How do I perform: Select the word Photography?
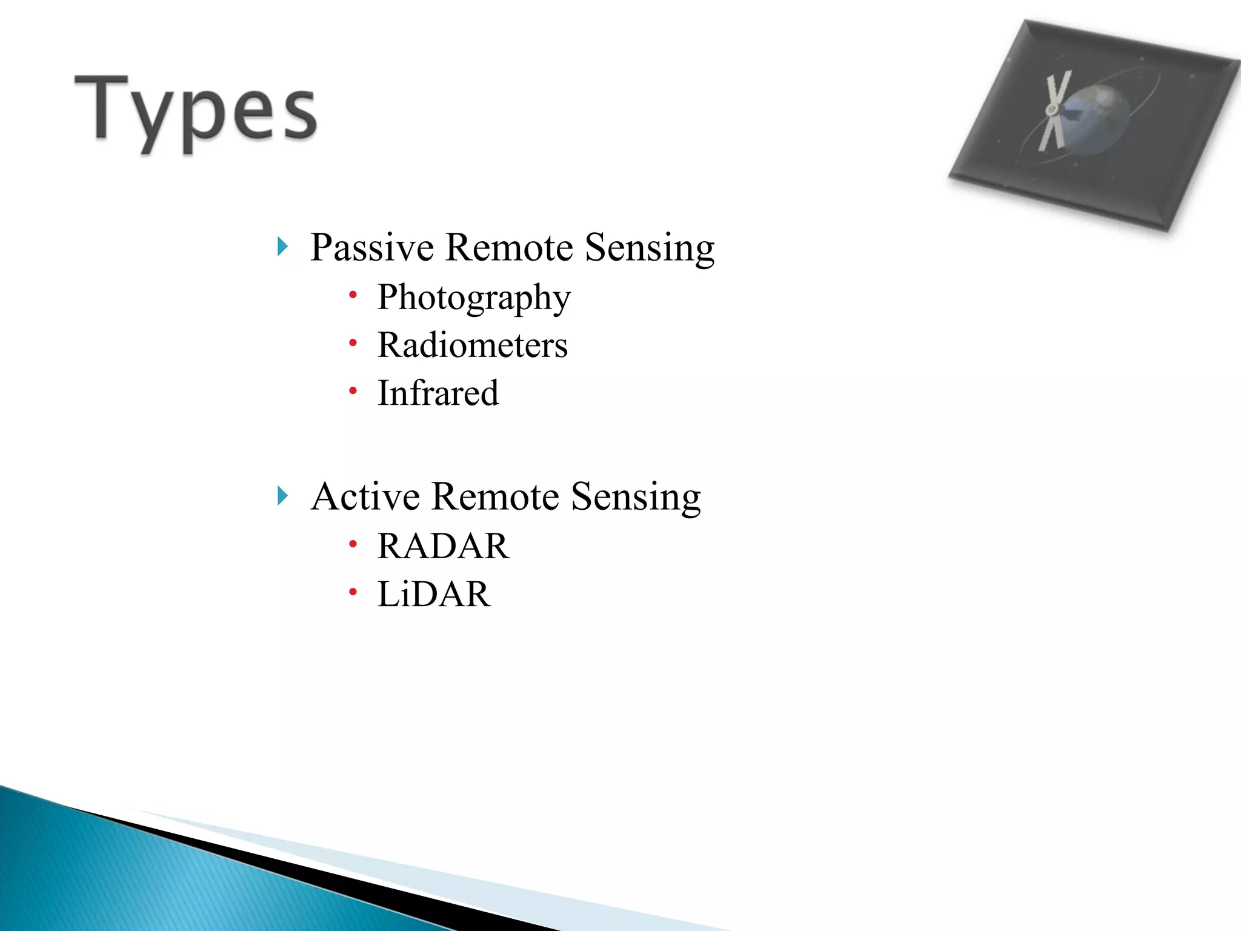[x=474, y=298]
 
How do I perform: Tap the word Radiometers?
[x=473, y=345]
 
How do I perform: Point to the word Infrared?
[x=438, y=393]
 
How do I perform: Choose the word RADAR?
[x=443, y=546]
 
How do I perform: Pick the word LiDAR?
[x=433, y=594]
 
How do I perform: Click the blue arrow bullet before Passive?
[x=282, y=247]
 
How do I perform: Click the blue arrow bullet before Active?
[x=282, y=496]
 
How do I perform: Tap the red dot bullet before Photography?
[x=353, y=295]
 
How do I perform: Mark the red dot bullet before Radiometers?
[x=353, y=343]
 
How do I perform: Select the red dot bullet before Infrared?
[x=353, y=391]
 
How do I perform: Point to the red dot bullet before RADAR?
[x=353, y=544]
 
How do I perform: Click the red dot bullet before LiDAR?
[x=353, y=592]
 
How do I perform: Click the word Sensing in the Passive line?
[x=650, y=249]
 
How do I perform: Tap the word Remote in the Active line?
[x=495, y=496]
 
